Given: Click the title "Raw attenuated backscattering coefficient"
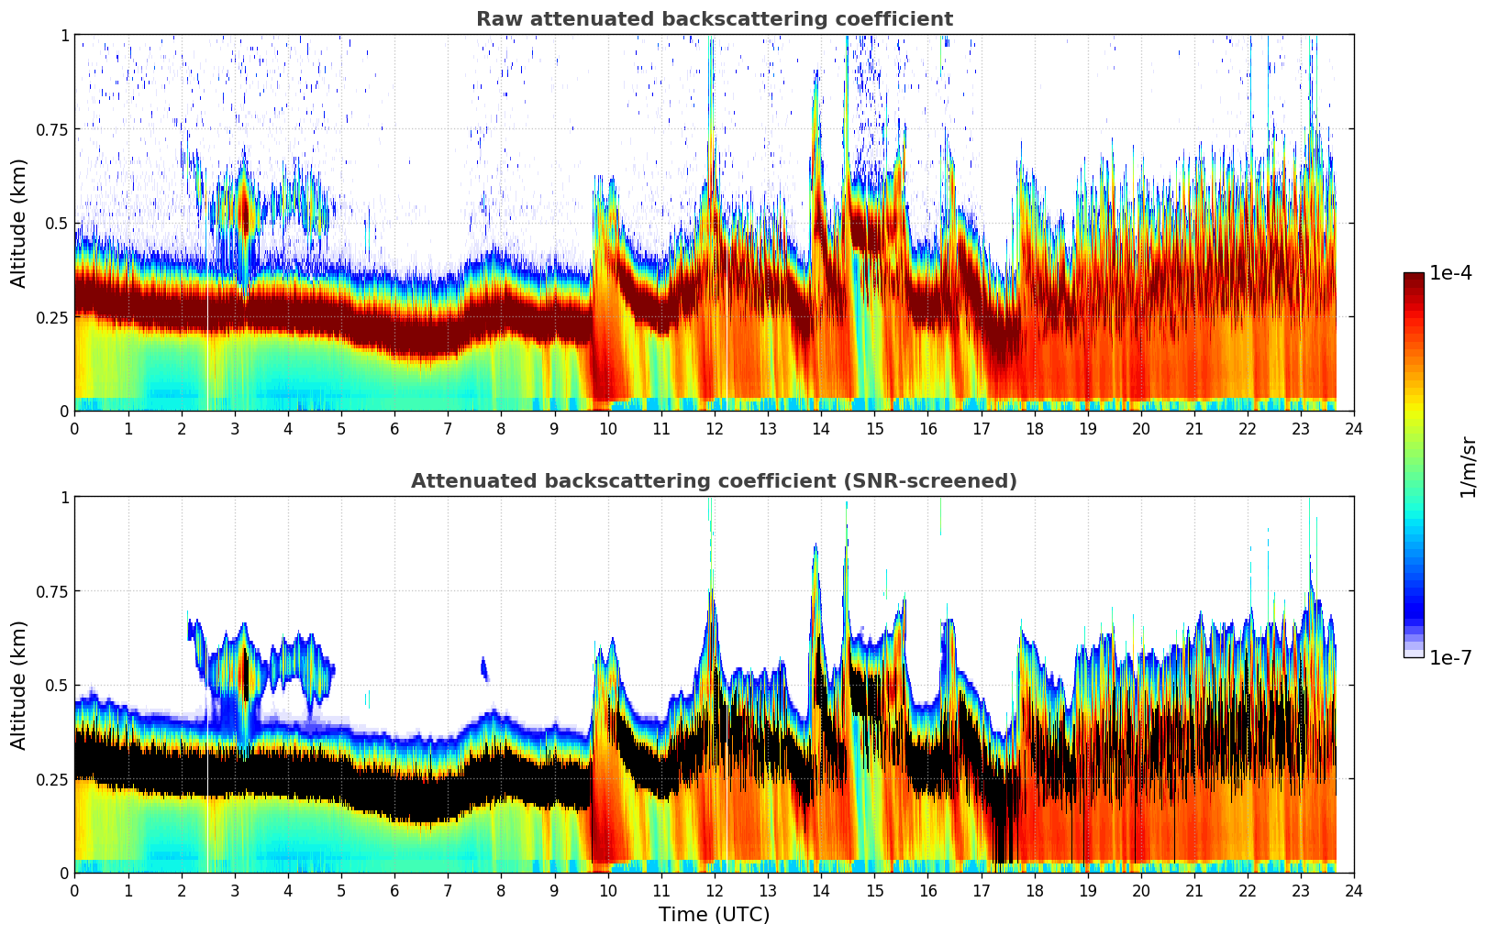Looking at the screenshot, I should point(714,19).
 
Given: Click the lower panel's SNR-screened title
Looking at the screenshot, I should point(714,481).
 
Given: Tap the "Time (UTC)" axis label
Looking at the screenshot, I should point(714,915).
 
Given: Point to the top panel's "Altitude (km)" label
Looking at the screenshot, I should point(19,223).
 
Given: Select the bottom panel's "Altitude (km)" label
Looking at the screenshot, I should point(19,685).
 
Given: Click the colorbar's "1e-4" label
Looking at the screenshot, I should point(1450,273).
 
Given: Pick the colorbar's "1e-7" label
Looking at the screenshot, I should point(1450,657).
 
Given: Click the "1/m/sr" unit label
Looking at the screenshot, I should point(1467,467).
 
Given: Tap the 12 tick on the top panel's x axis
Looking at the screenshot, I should point(715,428).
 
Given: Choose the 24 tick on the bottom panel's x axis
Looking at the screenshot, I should point(1354,890).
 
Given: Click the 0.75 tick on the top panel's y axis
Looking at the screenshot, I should point(51,129).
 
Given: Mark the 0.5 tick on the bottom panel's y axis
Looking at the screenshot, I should point(57,685).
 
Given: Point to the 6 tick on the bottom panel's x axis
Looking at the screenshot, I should point(394,890).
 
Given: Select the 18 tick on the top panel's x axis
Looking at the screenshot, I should point(1034,428).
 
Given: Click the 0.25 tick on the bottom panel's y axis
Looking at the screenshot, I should point(51,779).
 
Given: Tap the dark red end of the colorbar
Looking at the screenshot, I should point(1414,279).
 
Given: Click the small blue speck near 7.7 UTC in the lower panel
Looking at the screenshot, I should point(483,668).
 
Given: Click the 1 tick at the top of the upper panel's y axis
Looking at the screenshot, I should point(64,35).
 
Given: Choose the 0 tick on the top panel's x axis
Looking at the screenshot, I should point(74,428).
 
